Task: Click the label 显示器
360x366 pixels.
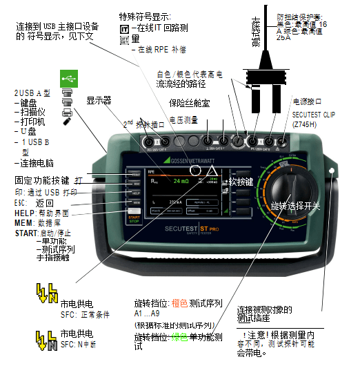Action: [99, 100]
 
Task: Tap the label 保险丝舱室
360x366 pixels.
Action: [188, 104]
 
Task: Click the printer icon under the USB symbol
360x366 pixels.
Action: [67, 111]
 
